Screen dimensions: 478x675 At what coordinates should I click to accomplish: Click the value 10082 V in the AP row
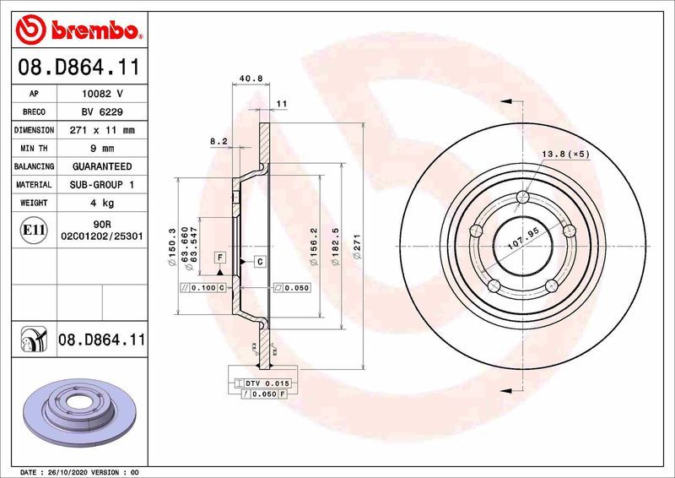pyautogui.click(x=103, y=94)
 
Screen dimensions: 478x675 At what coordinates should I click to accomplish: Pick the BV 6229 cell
pyautogui.click(x=103, y=112)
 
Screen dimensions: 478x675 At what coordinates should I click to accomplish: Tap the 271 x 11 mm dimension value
pyautogui.click(x=103, y=131)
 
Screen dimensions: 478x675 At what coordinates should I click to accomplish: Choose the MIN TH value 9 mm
pyautogui.click(x=103, y=149)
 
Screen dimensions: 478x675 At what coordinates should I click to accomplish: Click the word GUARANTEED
pyautogui.click(x=103, y=167)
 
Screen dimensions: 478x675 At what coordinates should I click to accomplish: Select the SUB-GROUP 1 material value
pyautogui.click(x=103, y=185)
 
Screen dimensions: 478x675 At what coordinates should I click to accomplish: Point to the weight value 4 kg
pyautogui.click(x=103, y=204)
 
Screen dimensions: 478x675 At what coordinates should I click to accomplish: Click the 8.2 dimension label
pyautogui.click(x=219, y=142)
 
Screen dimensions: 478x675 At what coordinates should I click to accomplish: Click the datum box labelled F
pyautogui.click(x=219, y=256)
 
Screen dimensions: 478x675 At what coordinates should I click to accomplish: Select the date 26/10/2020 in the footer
pyautogui.click(x=67, y=471)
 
